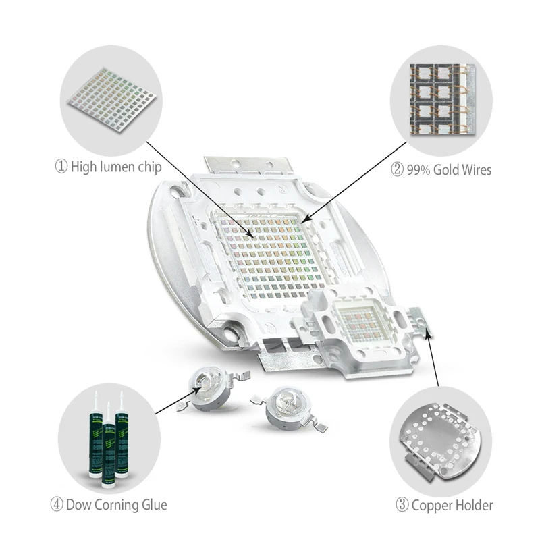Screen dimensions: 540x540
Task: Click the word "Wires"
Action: pos(472,170)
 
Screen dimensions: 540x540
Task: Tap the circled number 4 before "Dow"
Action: pos(57,504)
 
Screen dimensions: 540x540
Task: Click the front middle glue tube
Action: pos(108,446)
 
